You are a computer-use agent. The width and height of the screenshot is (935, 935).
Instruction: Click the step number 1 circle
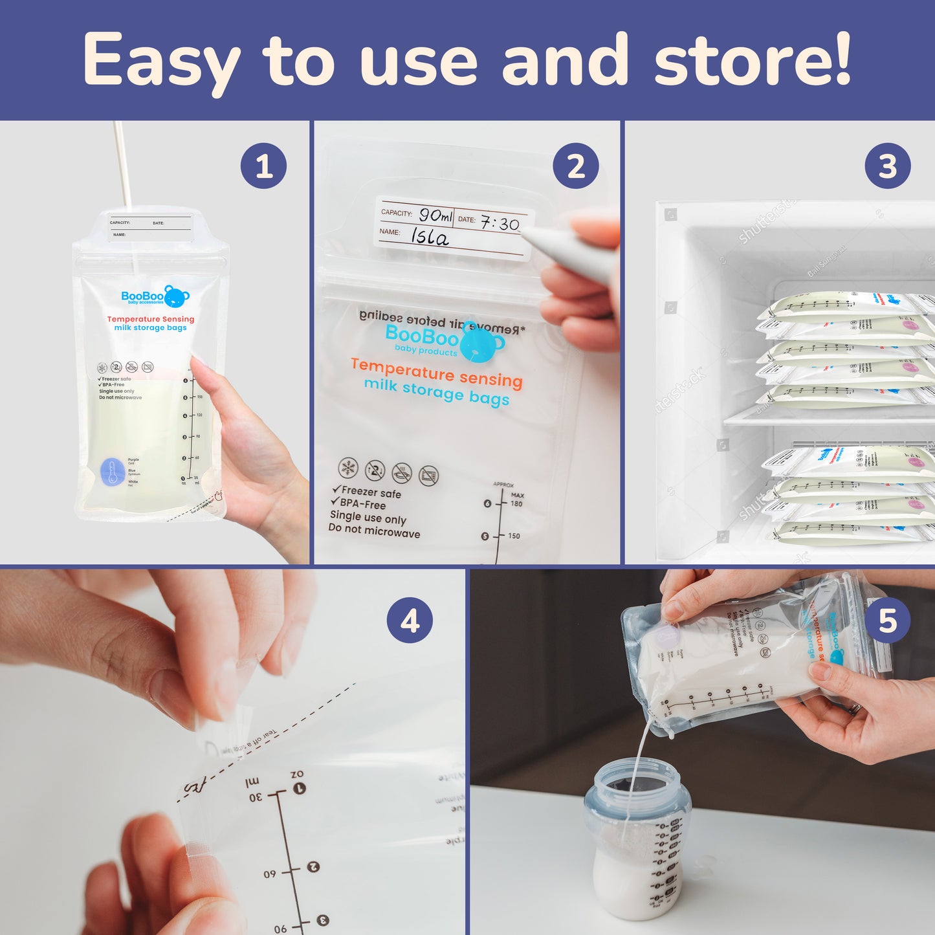263,166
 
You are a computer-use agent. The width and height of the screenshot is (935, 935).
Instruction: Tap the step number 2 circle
575,166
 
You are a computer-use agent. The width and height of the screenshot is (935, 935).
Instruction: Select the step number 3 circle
887,166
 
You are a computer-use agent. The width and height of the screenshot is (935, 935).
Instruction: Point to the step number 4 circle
410,621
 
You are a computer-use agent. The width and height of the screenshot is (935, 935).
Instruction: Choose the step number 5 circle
887,621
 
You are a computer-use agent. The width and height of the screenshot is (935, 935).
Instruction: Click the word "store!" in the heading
753,60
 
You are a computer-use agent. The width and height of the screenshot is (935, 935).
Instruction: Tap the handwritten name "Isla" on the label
430,237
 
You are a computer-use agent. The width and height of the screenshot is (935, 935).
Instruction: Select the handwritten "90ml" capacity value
435,215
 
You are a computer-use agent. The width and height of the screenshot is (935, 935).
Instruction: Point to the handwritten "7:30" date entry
500,224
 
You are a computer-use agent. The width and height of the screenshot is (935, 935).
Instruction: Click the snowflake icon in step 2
348,467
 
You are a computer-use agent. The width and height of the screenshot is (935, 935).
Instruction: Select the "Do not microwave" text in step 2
374,531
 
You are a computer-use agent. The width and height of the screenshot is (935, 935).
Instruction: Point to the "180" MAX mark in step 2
516,503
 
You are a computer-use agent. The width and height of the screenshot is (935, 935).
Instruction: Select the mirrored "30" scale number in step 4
256,797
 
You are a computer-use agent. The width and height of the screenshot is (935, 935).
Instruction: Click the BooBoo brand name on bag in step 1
142,296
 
